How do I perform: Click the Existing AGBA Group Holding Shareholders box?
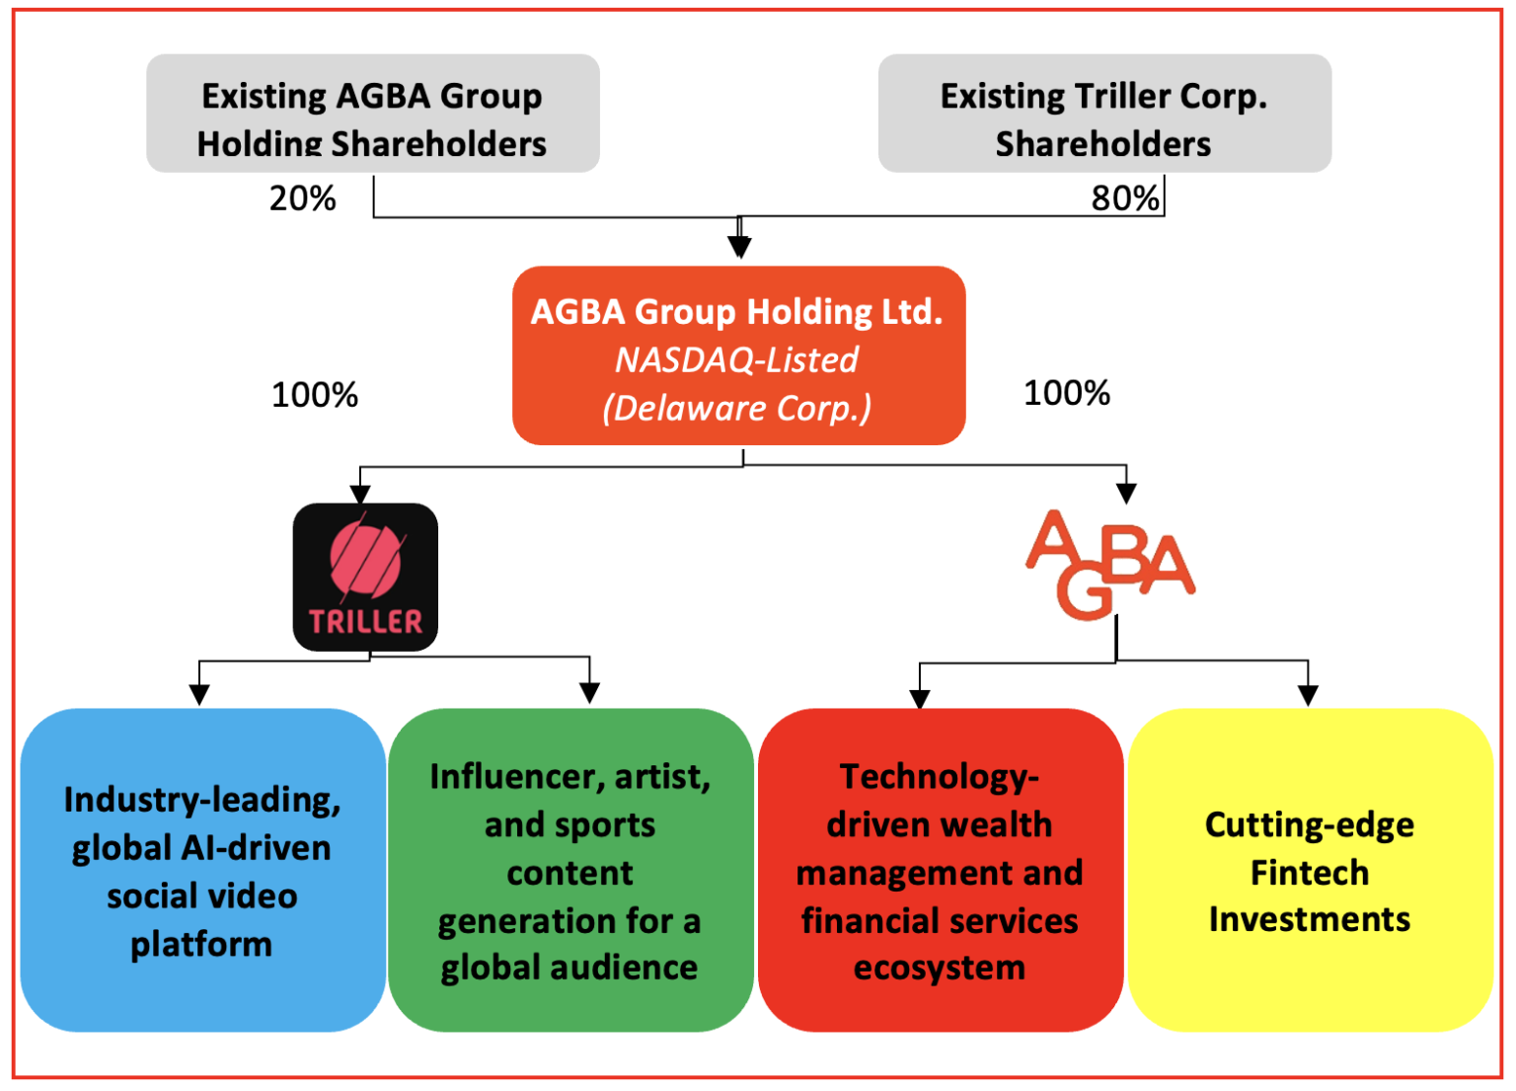pos(372,114)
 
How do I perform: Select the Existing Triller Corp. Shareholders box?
pos(1103,114)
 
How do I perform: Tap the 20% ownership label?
pos(302,198)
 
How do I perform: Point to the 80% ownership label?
pos(1124,198)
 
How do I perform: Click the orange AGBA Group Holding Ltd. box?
pos(738,355)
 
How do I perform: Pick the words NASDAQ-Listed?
pos(736,360)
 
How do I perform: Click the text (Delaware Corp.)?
pos(736,409)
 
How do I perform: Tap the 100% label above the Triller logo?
pos(314,395)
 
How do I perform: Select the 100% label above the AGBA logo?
pos(1066,393)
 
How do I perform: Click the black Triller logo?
pos(365,577)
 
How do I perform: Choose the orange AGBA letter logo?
pos(1109,564)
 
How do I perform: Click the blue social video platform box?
pos(202,870)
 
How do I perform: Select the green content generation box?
pos(570,870)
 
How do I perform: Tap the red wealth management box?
pos(940,870)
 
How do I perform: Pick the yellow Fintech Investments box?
pos(1310,870)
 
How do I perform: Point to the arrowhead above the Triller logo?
pos(360,493)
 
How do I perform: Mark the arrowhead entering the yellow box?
pos(1308,696)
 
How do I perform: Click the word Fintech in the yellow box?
pos(1309,873)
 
